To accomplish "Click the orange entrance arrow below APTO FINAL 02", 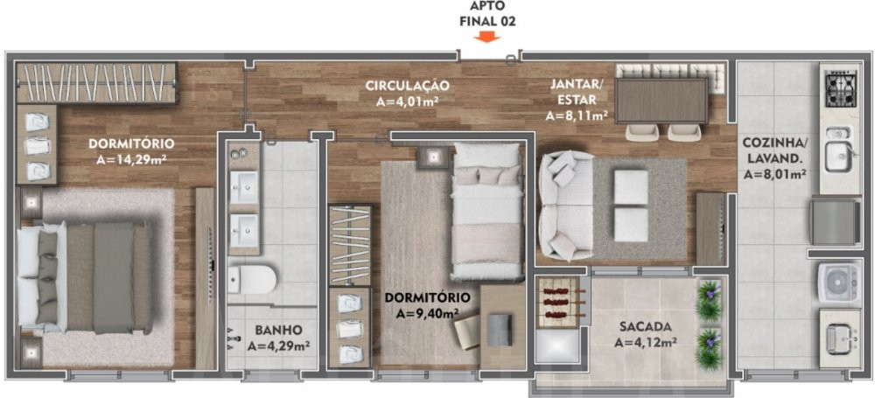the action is (486, 38).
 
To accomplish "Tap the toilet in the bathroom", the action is (252, 279).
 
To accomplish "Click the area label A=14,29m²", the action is (132, 160).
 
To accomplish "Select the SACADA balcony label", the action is (645, 326).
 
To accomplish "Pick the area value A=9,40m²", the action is (428, 314).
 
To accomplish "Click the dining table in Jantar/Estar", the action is (661, 101).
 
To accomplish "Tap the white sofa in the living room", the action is (566, 206).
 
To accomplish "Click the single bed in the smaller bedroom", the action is (486, 211).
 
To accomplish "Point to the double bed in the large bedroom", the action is (85, 277).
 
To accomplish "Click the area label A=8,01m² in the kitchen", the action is (774, 175).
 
